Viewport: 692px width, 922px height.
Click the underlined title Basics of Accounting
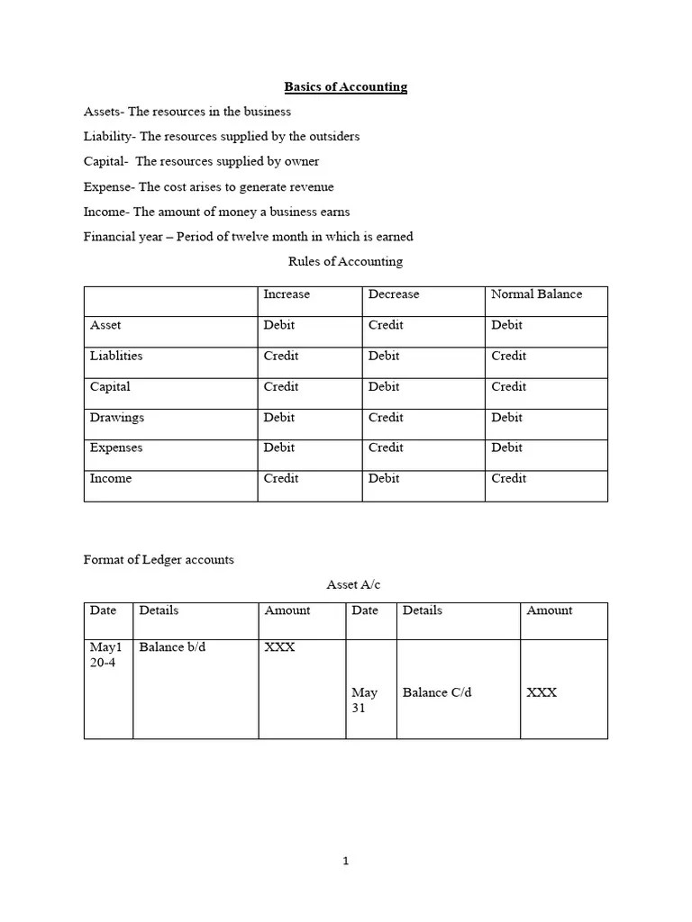pyautogui.click(x=345, y=87)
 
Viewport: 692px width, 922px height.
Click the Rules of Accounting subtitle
pyautogui.click(x=345, y=262)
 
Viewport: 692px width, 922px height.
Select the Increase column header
pyautogui.click(x=286, y=294)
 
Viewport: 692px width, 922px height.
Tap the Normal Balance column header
pyautogui.click(x=536, y=294)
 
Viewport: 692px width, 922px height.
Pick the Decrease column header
pyautogui.click(x=393, y=294)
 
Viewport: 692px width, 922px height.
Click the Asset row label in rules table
pyautogui.click(x=105, y=325)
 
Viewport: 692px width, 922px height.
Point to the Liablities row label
pyautogui.click(x=115, y=356)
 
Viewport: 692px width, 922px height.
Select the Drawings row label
pyautogui.click(x=116, y=418)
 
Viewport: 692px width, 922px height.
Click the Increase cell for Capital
pyautogui.click(x=280, y=387)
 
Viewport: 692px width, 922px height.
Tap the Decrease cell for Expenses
pyautogui.click(x=386, y=448)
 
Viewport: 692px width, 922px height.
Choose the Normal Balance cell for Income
pyautogui.click(x=508, y=479)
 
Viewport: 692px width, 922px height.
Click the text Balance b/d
pyautogui.click(x=172, y=647)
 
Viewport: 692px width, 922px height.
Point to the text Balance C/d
pyautogui.click(x=437, y=692)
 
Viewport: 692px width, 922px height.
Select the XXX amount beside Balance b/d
pyautogui.click(x=279, y=647)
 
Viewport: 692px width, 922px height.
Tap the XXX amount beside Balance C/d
pyautogui.click(x=542, y=692)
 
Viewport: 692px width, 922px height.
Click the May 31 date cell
pyautogui.click(x=364, y=701)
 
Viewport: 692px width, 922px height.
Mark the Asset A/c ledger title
pyautogui.click(x=353, y=585)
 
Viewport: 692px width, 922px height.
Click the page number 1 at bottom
pyautogui.click(x=345, y=862)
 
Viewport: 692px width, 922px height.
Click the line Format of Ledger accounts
pyautogui.click(x=159, y=560)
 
